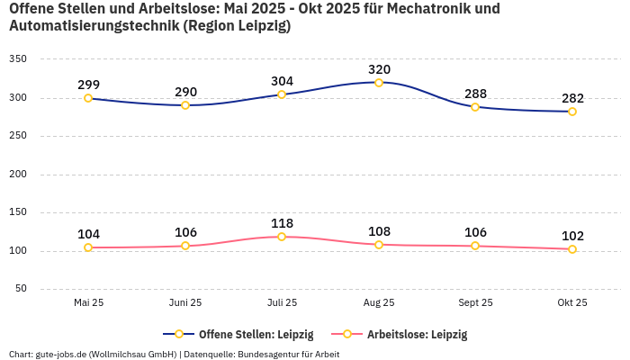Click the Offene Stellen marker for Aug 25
(x=379, y=83)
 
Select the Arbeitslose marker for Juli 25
(x=282, y=237)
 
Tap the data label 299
(x=88, y=85)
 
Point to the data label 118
(x=282, y=223)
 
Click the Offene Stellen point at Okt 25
(x=572, y=112)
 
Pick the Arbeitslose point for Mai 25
(x=88, y=247)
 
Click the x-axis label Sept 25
(x=475, y=303)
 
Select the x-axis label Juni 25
(x=185, y=303)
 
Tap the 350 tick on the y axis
(x=18, y=59)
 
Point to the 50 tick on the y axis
(x=21, y=289)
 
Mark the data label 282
(x=572, y=98)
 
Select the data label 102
(x=572, y=236)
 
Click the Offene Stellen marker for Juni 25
(x=185, y=105)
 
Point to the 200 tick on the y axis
(x=18, y=174)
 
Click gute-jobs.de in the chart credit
(x=62, y=354)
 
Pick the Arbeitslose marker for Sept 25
(x=475, y=246)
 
